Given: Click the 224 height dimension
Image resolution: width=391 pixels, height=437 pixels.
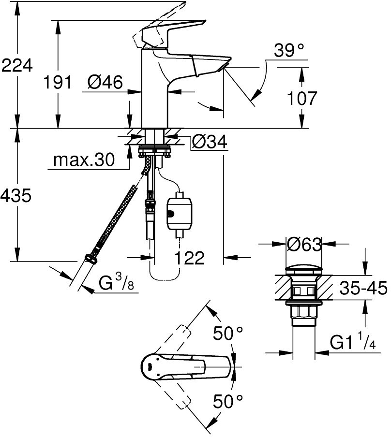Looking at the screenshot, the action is (17, 66).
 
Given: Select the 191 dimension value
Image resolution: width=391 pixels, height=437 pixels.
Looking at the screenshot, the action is (58, 82).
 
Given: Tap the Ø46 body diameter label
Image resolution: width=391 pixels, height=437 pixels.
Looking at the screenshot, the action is (105, 82).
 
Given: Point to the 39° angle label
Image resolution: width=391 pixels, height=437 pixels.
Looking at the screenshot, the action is (288, 50).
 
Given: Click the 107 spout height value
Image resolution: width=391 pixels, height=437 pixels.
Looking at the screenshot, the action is (302, 98).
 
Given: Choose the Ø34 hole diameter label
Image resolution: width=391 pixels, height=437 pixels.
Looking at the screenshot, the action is (210, 142).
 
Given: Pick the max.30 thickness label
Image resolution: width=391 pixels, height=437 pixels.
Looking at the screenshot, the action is (84, 160).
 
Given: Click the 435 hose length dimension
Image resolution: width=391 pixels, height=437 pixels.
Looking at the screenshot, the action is (16, 195).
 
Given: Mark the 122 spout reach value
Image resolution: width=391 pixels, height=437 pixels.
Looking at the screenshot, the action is (190, 258).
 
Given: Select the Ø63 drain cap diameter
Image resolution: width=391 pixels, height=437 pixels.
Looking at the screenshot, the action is (304, 245).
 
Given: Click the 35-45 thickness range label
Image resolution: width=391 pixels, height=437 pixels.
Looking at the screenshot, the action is (363, 288).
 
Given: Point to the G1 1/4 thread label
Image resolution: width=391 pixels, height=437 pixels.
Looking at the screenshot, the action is (353, 341).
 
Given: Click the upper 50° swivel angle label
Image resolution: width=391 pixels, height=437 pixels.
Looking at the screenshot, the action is (228, 333).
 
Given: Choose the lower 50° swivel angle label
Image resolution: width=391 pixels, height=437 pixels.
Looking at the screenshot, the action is (228, 401).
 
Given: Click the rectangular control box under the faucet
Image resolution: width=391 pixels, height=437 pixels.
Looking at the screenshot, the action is (179, 214).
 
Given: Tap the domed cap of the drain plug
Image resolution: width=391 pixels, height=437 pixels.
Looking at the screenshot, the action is (304, 271).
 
